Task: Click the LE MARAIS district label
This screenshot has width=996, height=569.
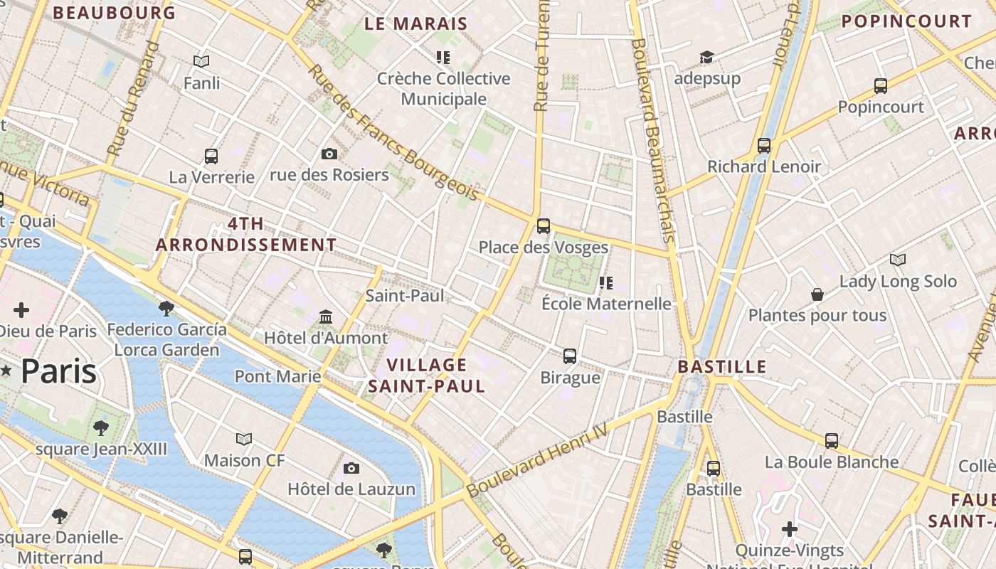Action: coord(415,23)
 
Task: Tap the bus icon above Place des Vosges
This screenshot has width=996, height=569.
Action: coord(544,226)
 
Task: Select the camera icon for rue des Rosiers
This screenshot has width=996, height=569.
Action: coord(329,154)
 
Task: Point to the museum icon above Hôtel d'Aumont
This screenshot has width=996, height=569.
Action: coord(326,317)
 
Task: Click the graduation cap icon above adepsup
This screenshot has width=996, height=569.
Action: coord(706,57)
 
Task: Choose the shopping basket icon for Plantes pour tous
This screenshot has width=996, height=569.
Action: coord(817,294)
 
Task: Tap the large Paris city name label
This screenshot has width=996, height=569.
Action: coord(58,371)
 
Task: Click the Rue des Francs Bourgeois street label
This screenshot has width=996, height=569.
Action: coord(393,133)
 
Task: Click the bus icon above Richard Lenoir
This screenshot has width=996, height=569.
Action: coord(764,146)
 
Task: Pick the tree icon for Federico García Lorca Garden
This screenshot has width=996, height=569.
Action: coord(166,308)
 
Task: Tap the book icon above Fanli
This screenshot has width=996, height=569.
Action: coord(201,62)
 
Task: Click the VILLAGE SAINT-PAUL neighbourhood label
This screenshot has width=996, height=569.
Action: coord(427,376)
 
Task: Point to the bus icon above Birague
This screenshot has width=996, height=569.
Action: coord(570,356)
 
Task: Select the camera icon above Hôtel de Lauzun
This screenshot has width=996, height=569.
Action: coord(351,468)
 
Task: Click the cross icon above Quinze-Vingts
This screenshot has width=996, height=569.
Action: coord(789,529)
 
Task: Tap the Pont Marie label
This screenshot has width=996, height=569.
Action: coord(277,376)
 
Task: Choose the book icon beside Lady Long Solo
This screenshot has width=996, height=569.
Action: coord(898,260)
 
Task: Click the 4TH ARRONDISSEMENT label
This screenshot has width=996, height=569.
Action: coord(246,234)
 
